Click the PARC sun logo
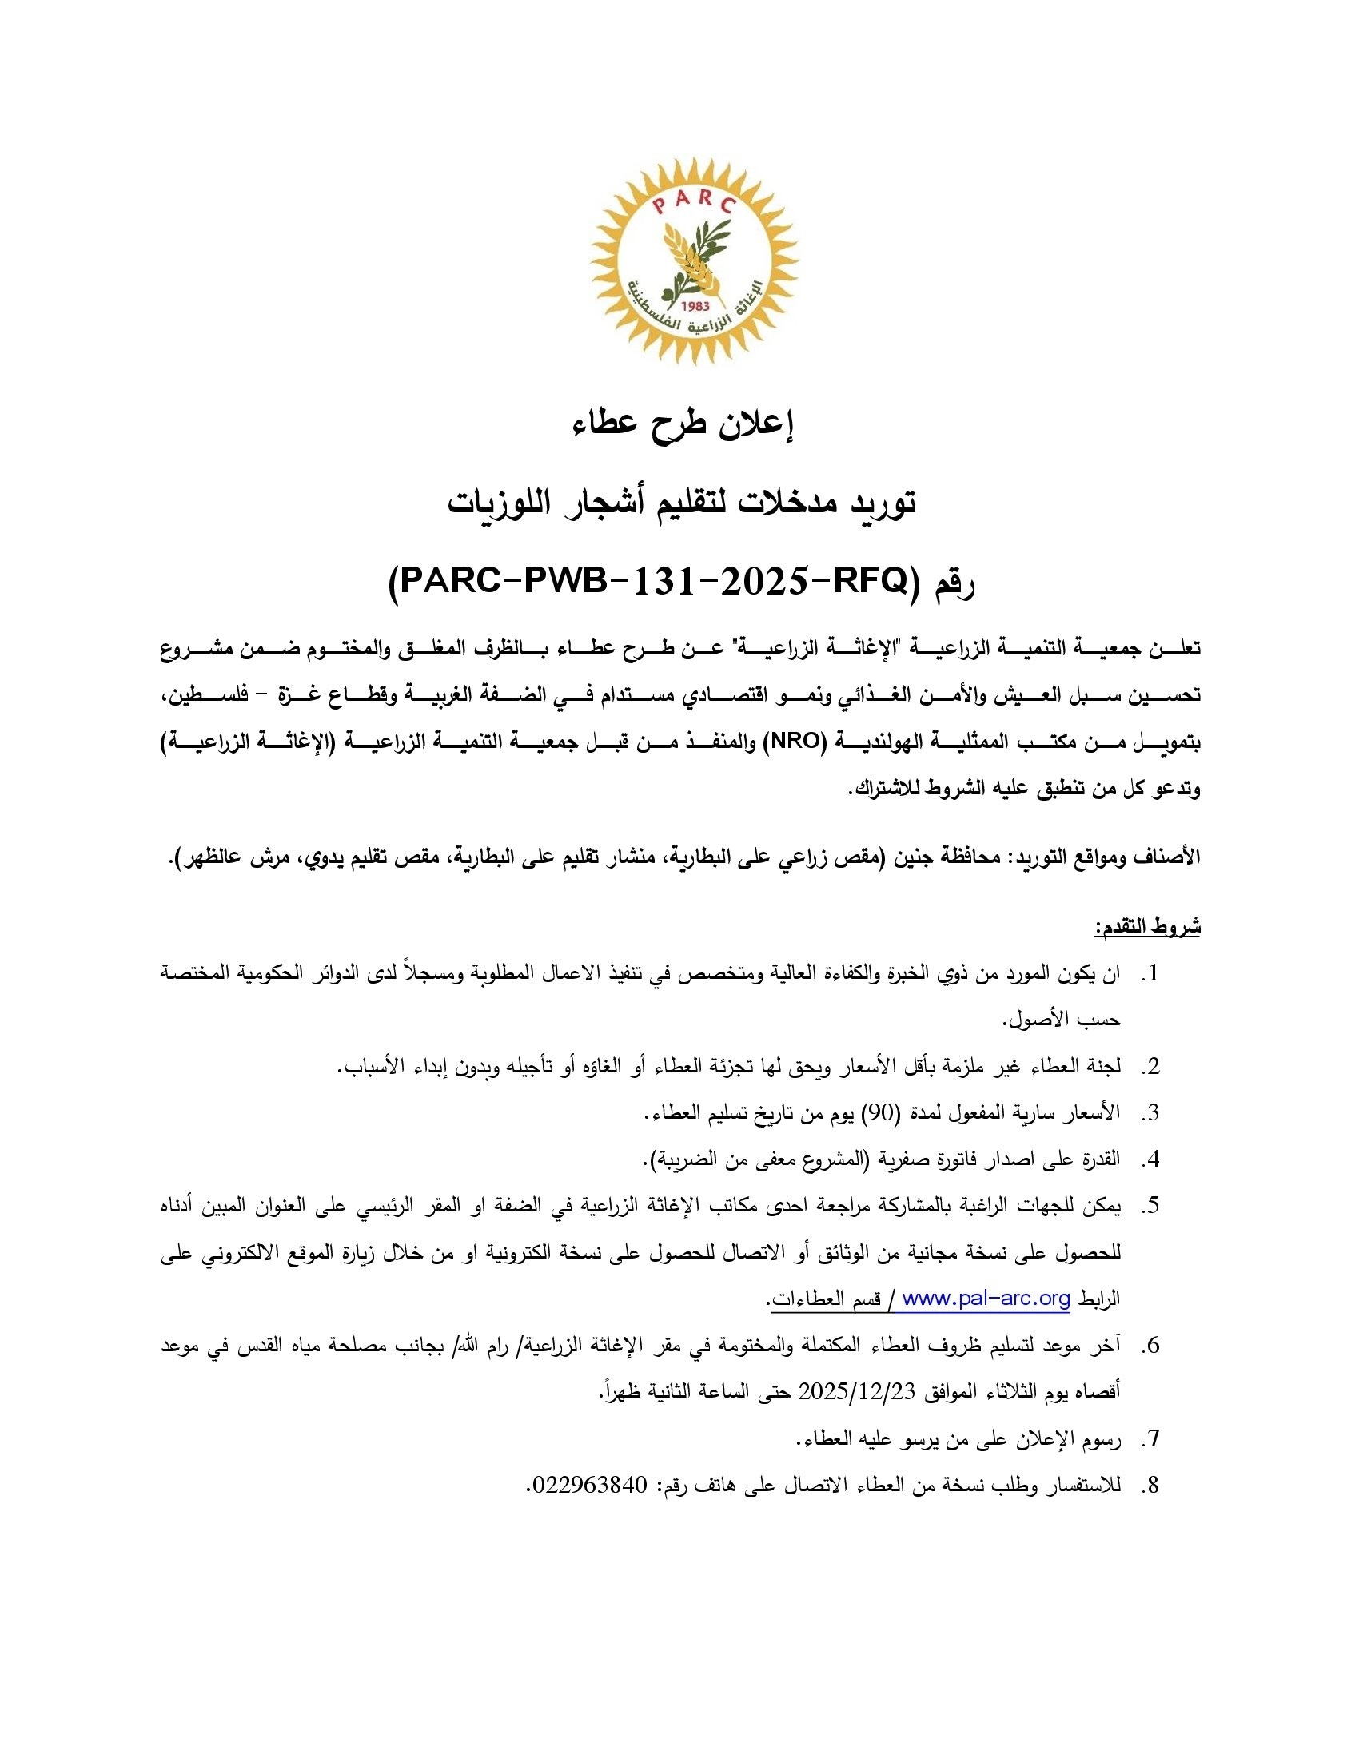click(x=694, y=260)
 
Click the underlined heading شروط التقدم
click(x=1146, y=927)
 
